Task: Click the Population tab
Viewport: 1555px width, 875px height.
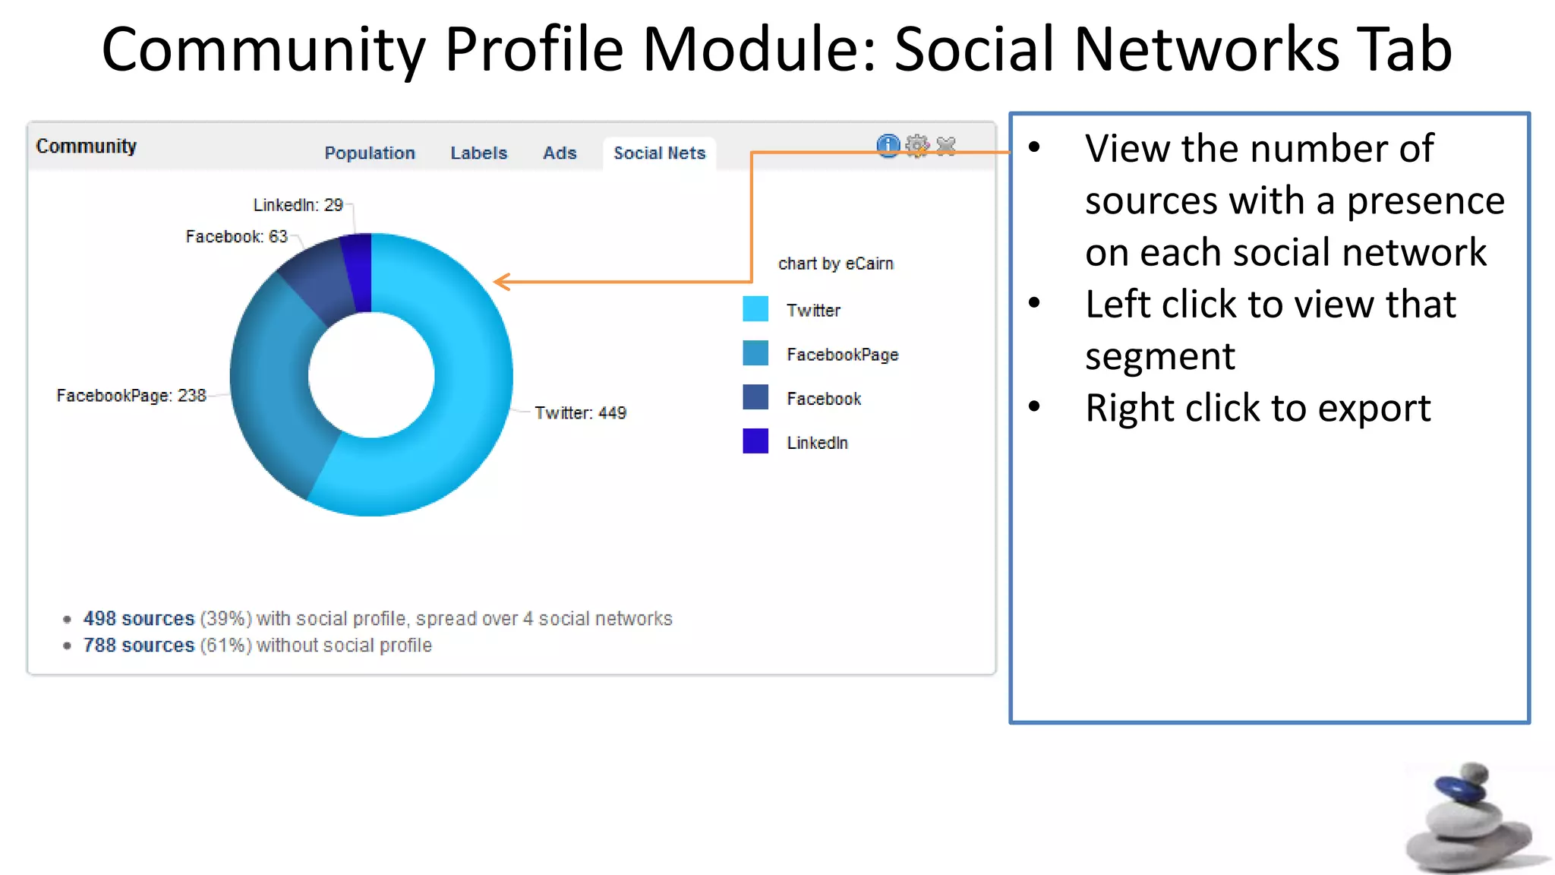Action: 370,153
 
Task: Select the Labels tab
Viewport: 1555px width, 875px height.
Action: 478,153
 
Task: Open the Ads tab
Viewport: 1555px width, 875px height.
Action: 560,153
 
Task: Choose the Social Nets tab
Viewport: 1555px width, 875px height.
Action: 659,153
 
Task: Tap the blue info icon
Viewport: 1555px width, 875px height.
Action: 888,145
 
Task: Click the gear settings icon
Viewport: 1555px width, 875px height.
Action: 917,145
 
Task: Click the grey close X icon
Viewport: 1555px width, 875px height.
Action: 946,145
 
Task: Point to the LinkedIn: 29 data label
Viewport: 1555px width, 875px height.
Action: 298,205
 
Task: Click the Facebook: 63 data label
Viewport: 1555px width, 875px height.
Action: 236,237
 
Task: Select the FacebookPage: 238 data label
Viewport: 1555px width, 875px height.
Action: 131,396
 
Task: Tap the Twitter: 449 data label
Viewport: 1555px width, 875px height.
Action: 580,413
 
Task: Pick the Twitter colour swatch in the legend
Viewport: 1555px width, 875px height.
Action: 755,309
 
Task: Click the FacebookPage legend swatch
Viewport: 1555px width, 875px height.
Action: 755,353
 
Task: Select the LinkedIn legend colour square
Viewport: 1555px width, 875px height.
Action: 755,441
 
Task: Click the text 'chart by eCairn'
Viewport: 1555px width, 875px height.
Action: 835,264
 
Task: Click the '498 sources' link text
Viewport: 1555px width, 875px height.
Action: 139,619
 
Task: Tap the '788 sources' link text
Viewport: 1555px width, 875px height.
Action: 139,646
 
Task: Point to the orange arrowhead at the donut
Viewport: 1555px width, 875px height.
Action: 500,282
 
